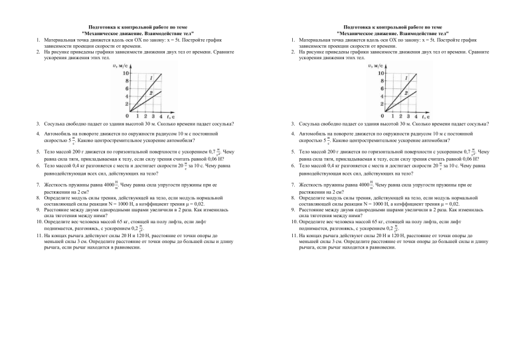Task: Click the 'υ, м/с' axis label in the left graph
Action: (123, 65)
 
